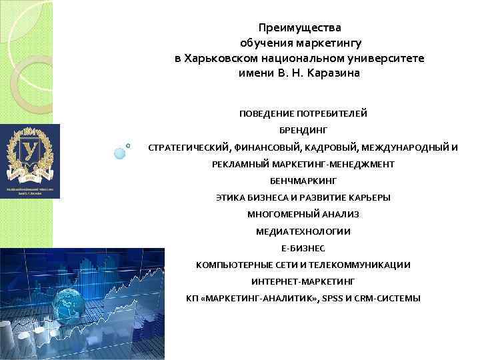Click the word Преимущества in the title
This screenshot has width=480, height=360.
coord(299,28)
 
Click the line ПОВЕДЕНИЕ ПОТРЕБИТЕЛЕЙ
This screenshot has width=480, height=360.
coord(303,113)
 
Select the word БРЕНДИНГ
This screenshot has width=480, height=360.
coord(303,131)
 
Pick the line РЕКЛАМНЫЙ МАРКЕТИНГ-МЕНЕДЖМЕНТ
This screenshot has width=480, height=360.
coord(303,164)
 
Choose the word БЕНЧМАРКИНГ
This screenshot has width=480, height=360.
coord(303,181)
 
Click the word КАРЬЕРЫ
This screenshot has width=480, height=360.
coord(368,197)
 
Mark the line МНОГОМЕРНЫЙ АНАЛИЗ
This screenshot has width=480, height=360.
coord(303,214)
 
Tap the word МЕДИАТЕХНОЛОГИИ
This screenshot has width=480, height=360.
coord(303,231)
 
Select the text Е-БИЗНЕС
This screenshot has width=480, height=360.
coord(303,248)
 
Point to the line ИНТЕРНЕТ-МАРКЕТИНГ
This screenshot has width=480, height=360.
coord(303,281)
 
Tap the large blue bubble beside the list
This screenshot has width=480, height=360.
coord(120,153)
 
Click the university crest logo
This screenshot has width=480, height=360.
coord(30,160)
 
